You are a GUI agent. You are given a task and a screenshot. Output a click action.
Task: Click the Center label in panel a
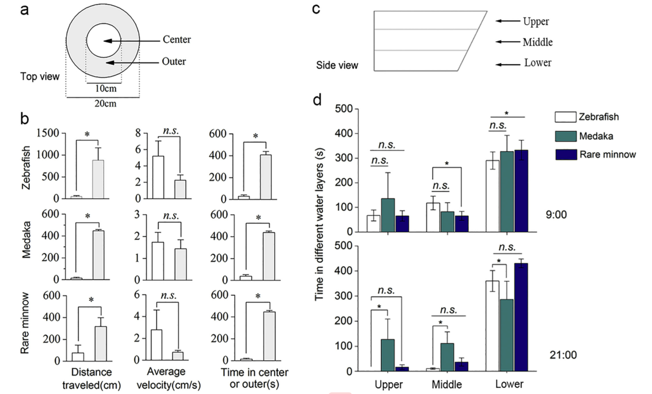pos(176,40)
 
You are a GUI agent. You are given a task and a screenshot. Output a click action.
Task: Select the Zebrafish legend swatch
pos(565,117)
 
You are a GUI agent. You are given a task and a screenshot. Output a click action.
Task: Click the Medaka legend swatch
pos(565,136)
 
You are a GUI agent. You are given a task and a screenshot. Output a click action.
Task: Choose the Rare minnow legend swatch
pos(565,154)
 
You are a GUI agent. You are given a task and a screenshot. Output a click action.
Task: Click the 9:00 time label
pos(556,215)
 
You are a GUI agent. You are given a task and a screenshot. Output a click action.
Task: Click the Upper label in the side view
pos(535,22)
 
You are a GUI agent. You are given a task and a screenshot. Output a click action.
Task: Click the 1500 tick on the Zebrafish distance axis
pos(51,134)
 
